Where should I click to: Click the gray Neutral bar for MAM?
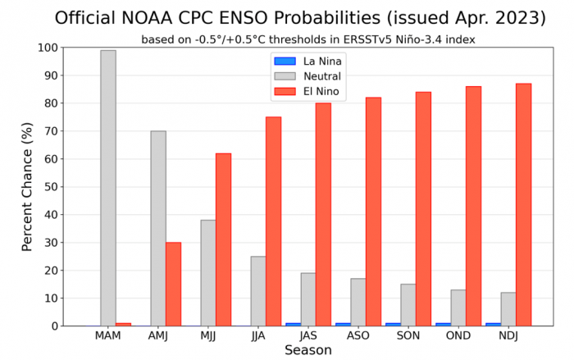click(x=107, y=188)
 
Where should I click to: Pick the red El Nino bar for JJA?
click(x=273, y=221)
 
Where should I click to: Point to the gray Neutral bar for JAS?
click(x=307, y=299)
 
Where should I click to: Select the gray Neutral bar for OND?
click(x=458, y=308)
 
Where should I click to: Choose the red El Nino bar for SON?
click(x=423, y=208)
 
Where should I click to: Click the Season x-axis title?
click(x=307, y=350)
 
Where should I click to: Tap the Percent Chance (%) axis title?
click(x=27, y=187)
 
